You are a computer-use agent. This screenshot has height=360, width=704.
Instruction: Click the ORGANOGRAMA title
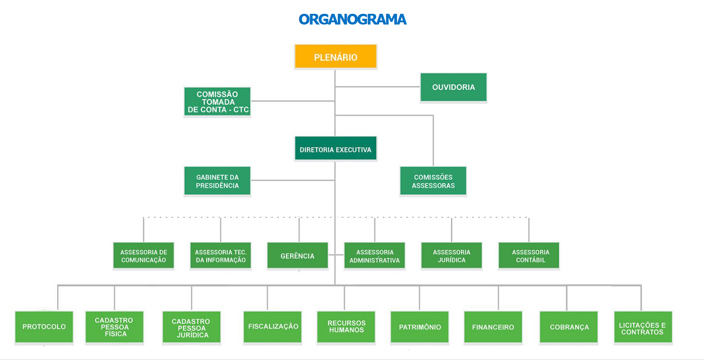coord(352,20)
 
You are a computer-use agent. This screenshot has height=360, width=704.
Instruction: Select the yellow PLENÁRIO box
coord(336,57)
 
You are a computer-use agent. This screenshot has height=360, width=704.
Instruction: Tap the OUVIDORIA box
coord(453,87)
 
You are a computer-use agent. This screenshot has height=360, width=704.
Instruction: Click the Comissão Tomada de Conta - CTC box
coord(217,102)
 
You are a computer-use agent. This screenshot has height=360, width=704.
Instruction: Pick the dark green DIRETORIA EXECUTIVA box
coord(336,149)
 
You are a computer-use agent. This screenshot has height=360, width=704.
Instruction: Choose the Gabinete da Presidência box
coord(217,181)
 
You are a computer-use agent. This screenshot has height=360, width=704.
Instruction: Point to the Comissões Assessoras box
coord(433,181)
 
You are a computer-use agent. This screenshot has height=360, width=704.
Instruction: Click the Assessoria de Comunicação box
coord(143,256)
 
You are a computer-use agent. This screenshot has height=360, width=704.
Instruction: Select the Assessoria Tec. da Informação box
coord(221,256)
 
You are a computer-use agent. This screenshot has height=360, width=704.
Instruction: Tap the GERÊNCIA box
coord(298,256)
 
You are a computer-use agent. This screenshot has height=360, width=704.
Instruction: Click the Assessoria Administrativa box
coord(375,256)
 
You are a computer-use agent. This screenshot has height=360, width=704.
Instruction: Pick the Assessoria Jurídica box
coord(451,256)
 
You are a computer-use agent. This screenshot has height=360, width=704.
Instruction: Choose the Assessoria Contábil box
coord(529,256)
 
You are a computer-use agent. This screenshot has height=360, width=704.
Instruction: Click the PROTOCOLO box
coord(44,327)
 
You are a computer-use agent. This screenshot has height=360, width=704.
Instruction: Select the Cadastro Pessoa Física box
coord(115,327)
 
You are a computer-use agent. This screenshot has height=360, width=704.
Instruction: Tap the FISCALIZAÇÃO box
coord(273,327)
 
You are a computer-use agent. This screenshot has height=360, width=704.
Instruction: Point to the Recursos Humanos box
coord(346,327)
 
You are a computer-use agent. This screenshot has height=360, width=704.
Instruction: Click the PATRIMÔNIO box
coord(420,327)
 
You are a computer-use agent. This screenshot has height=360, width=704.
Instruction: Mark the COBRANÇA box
coord(569,327)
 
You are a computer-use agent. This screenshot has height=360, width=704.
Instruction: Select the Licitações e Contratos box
coord(643,328)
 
